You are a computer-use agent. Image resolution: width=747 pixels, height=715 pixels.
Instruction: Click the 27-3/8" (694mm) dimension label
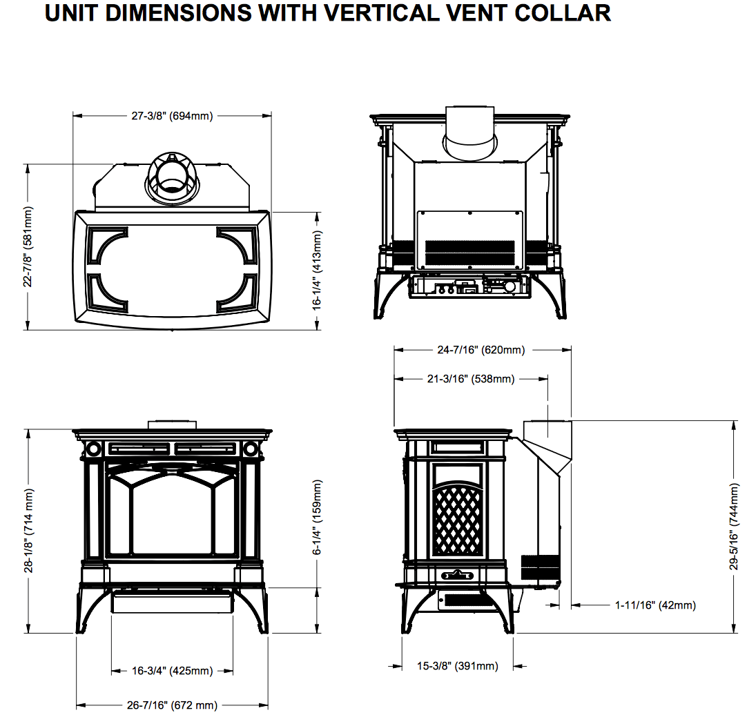tap(172, 116)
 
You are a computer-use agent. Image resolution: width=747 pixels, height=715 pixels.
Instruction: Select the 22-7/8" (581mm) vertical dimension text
tap(28, 246)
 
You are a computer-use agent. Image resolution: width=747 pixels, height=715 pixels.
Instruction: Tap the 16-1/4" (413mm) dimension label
tap(318, 270)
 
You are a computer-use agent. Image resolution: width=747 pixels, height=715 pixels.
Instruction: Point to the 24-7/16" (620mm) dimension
tap(481, 350)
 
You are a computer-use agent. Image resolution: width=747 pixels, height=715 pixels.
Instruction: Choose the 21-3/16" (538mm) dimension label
tap(471, 379)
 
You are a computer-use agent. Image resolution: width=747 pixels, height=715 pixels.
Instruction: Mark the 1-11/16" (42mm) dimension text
tap(655, 605)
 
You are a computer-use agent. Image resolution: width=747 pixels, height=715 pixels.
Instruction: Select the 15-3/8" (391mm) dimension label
tap(457, 666)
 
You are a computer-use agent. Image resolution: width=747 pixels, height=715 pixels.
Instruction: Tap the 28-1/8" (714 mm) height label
tap(28, 530)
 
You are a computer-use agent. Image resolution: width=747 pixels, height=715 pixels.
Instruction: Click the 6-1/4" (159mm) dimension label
tap(318, 518)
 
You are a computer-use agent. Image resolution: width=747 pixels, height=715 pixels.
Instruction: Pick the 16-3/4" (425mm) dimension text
tap(172, 671)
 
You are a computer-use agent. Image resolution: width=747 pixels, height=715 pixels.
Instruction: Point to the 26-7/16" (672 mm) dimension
tap(172, 705)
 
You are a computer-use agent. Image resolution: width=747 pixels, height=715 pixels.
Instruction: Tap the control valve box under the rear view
tap(469, 286)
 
